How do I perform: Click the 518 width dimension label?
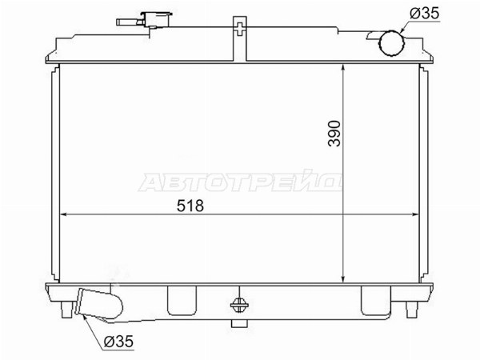click(x=190, y=206)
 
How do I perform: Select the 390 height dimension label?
click(x=334, y=134)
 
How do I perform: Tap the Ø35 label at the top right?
click(x=424, y=14)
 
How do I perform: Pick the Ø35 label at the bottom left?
click(x=118, y=342)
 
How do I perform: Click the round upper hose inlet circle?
click(x=391, y=43)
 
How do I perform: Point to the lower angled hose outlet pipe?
click(x=98, y=304)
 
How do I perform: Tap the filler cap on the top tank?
click(x=156, y=19)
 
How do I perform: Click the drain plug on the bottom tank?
click(x=239, y=305)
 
